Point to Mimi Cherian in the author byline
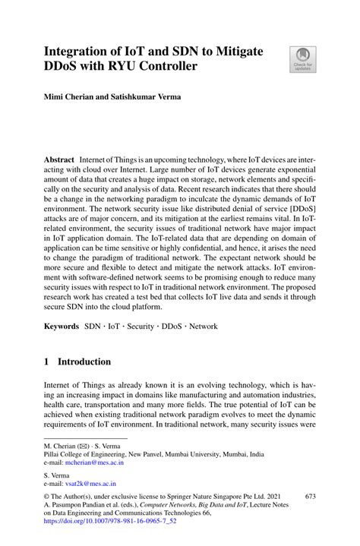pyautogui.click(x=69, y=98)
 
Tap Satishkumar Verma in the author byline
pyautogui.click(x=151, y=98)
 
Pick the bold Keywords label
pyautogui.click(x=61, y=326)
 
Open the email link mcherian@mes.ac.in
pyautogui.click(x=94, y=462)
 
